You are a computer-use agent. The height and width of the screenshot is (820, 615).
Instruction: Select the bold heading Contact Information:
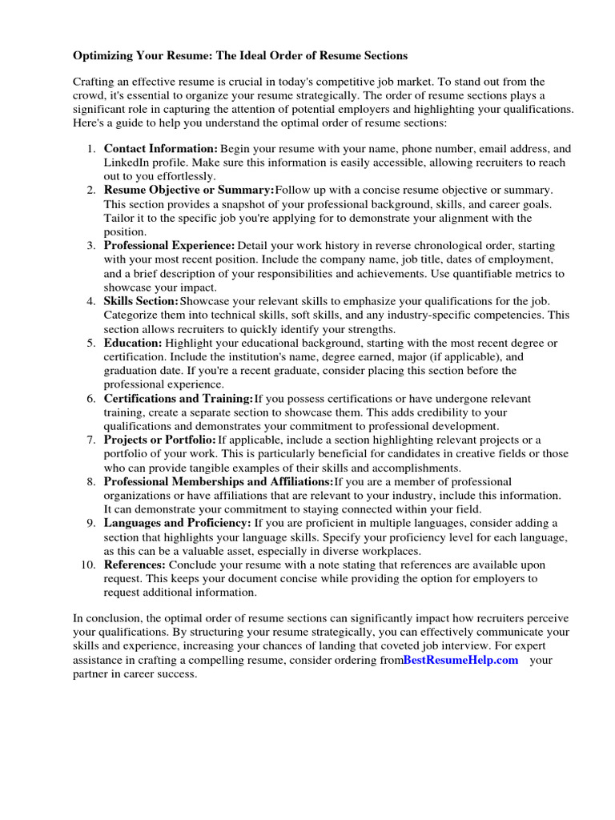[x=161, y=149]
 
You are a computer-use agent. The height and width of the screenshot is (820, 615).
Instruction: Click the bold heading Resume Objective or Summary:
[x=189, y=191]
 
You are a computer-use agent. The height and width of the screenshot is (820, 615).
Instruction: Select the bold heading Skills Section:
[x=142, y=301]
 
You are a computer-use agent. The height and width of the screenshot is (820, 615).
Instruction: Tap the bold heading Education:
[x=133, y=343]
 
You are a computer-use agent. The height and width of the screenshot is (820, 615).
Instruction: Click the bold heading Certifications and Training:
[x=179, y=399]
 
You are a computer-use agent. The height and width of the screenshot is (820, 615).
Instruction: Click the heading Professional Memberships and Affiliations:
[x=219, y=482]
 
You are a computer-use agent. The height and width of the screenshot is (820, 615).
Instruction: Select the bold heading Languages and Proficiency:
[x=178, y=523]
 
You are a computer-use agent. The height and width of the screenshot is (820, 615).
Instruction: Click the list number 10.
[x=88, y=565]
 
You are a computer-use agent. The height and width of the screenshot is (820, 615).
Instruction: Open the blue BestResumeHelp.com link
[x=460, y=660]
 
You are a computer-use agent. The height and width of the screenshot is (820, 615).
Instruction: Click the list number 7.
[x=91, y=440]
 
